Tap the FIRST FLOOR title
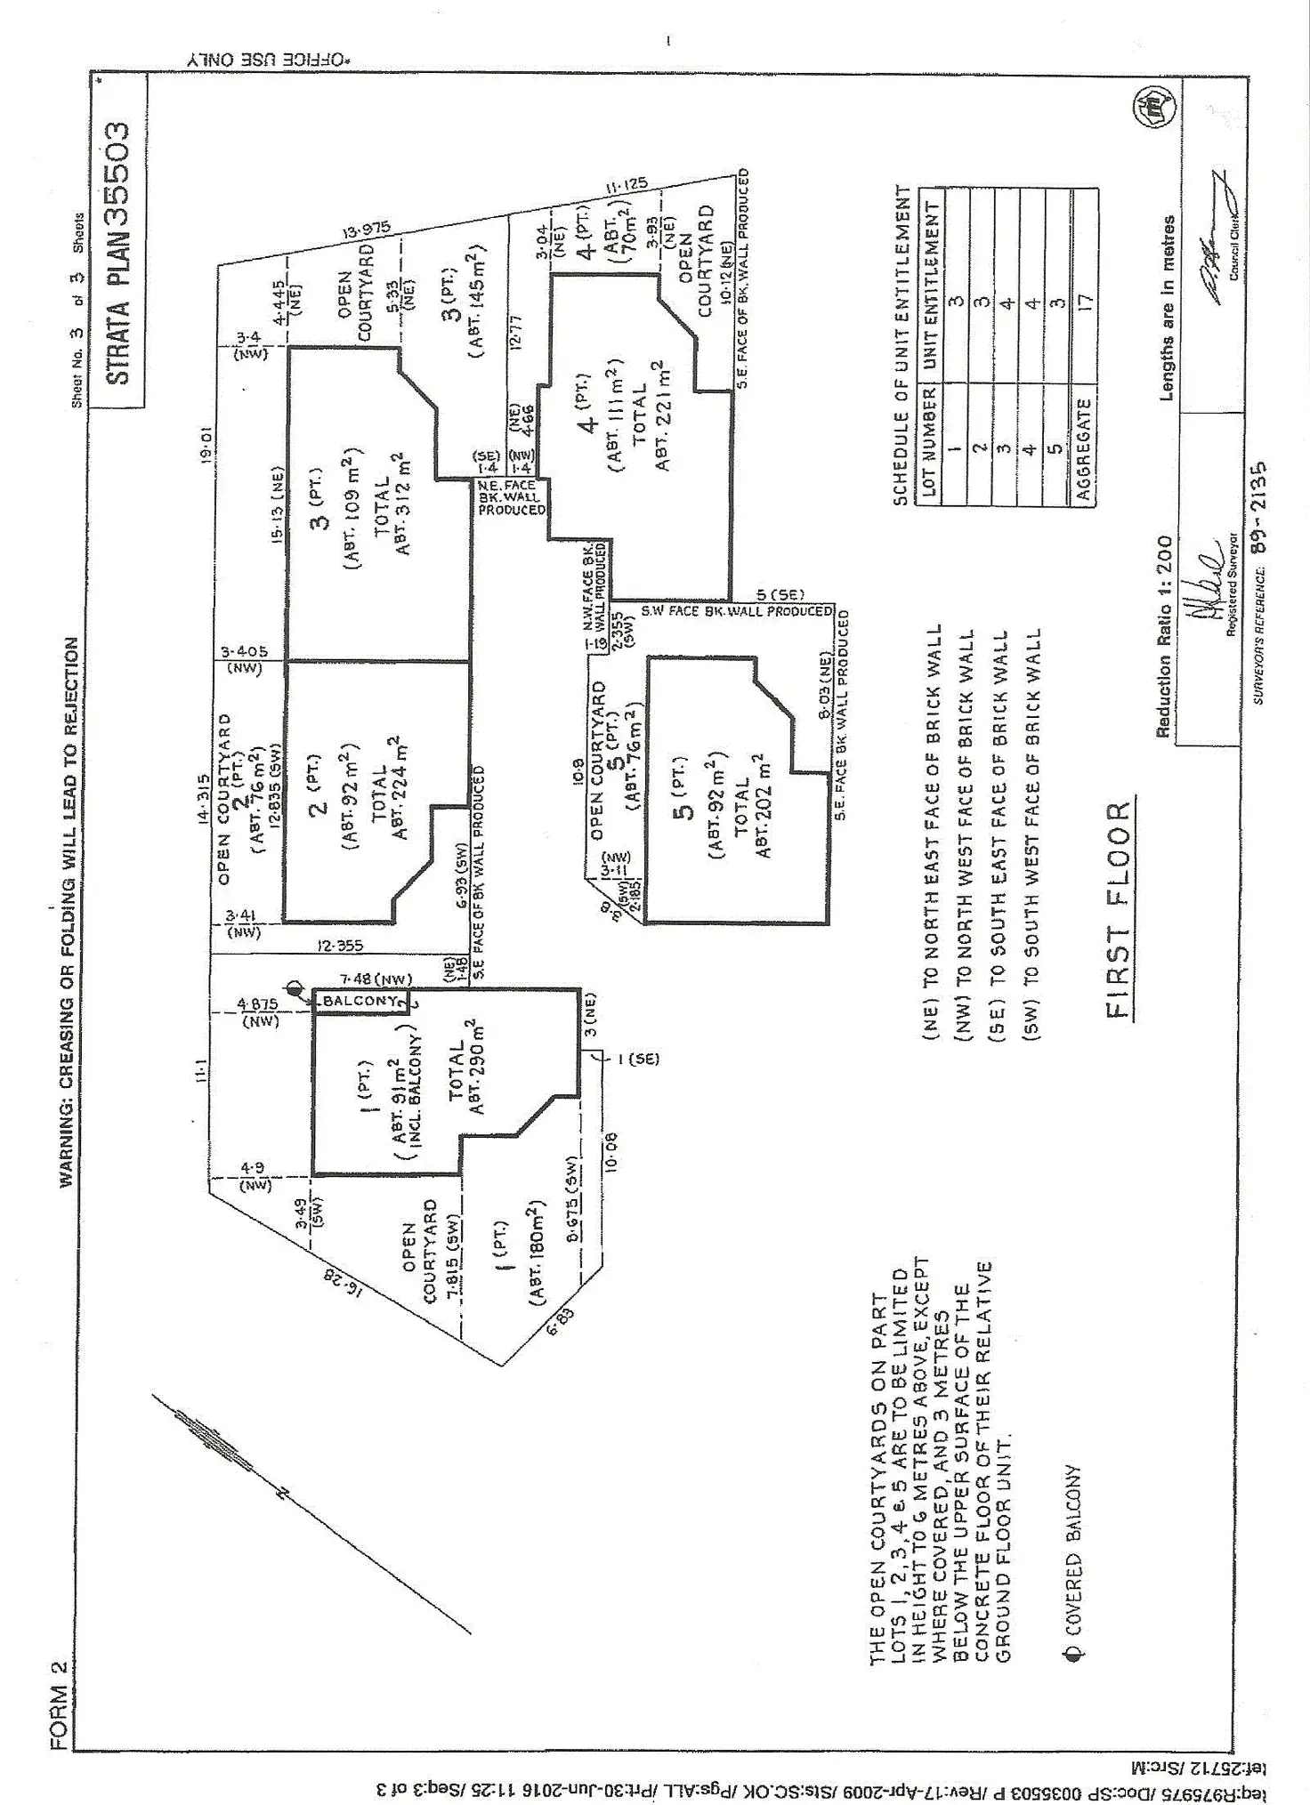point(1119,910)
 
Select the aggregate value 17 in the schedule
point(1083,302)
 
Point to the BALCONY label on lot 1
point(360,1001)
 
